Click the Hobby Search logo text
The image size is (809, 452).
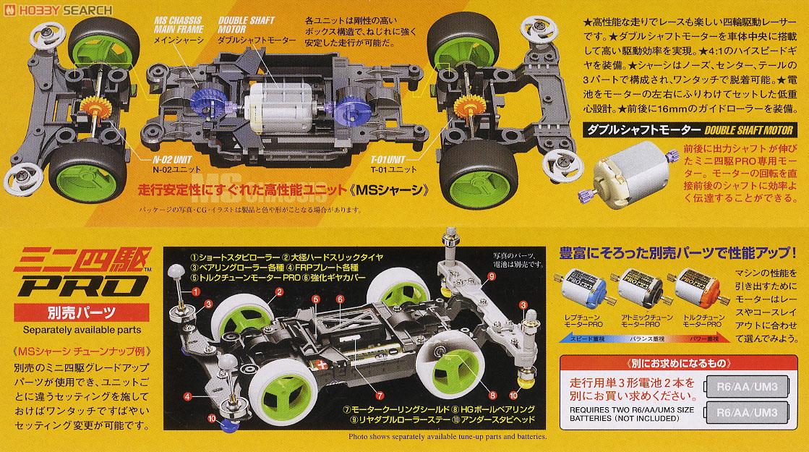tap(58, 11)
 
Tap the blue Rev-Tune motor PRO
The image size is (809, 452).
tap(586, 289)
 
